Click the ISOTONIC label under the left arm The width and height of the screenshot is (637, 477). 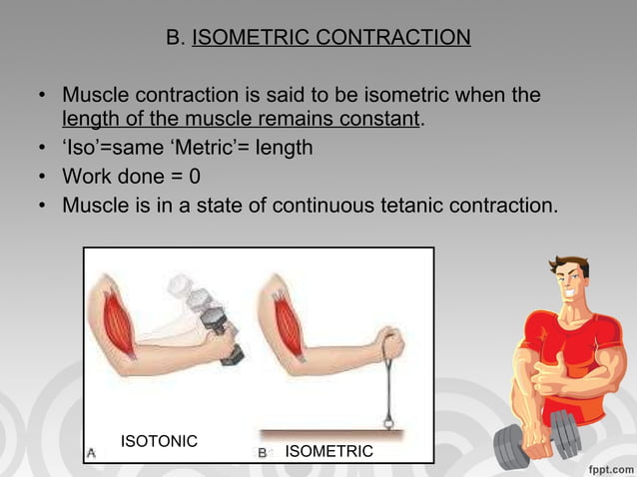159,440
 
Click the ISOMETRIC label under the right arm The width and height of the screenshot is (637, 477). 328,452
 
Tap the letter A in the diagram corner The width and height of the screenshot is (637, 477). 92,452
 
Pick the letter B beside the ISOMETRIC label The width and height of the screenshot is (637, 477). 263,452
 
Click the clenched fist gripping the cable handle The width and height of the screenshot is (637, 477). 390,345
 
